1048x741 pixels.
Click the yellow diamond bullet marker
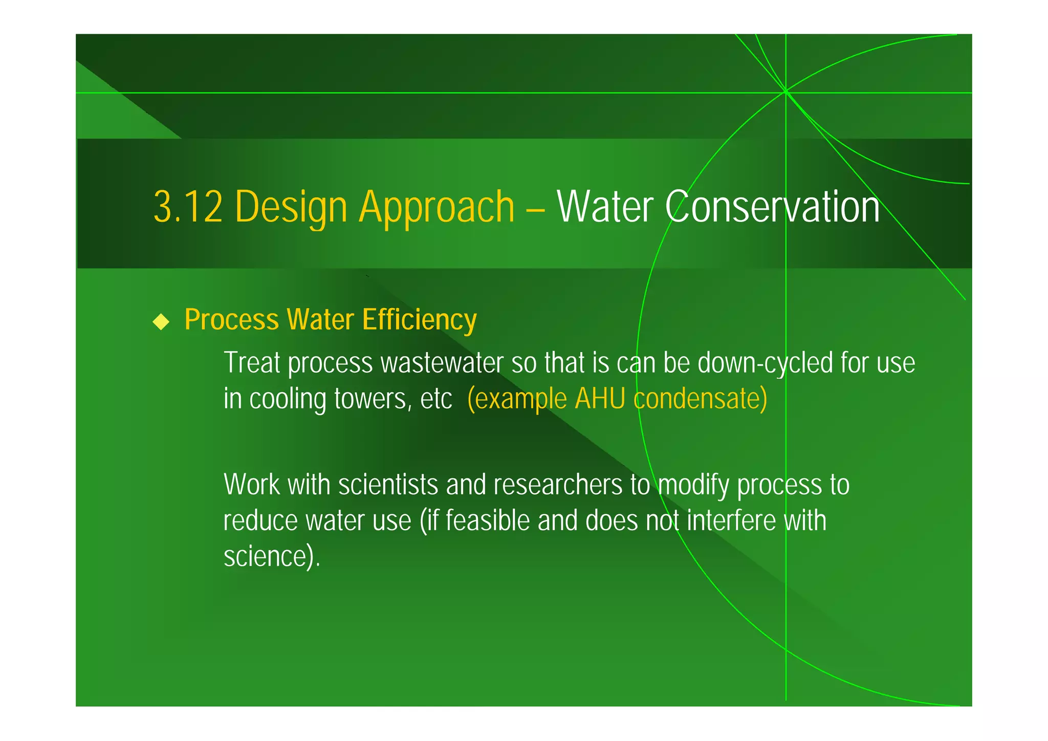[161, 322]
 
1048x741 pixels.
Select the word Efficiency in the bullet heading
[419, 320]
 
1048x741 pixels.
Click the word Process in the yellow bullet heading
[231, 320]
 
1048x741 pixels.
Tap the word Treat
[252, 363]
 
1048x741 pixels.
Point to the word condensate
[699, 399]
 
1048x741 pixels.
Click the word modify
[693, 485]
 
